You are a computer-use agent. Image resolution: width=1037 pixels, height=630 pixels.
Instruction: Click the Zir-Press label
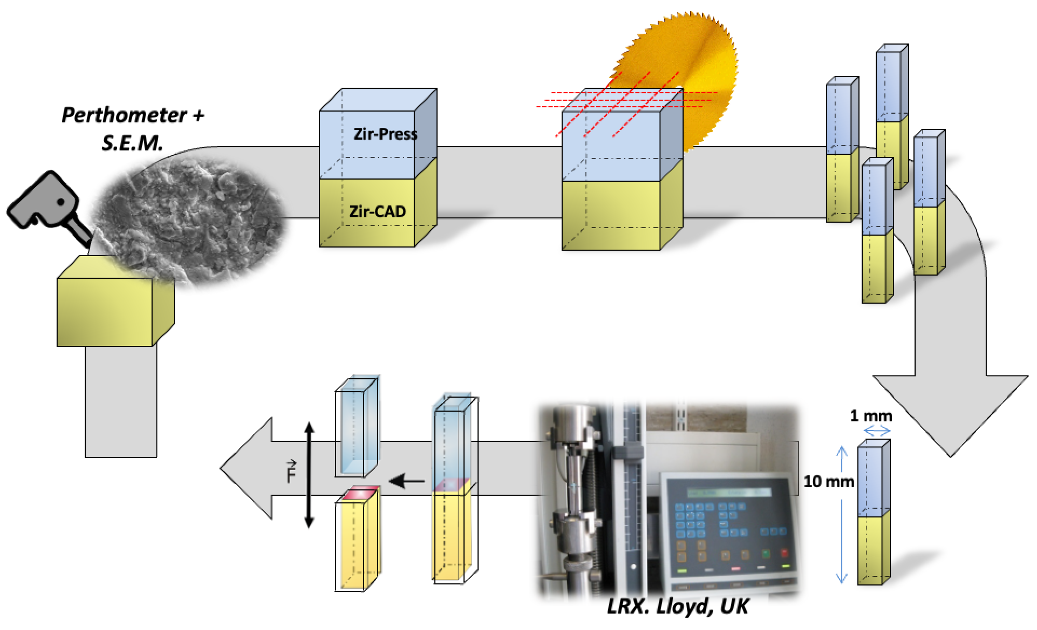tap(385, 134)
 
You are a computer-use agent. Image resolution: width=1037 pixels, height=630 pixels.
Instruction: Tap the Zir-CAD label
tap(378, 211)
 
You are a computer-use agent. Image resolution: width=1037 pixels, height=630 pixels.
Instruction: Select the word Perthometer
tap(125, 115)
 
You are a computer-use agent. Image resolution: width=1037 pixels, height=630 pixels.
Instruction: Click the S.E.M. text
tap(132, 143)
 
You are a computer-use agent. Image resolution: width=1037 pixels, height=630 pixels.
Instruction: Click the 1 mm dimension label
tap(871, 416)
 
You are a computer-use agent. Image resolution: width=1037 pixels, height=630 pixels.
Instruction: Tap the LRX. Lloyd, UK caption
tap(678, 607)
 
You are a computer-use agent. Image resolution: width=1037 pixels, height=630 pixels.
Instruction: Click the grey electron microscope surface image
tap(189, 219)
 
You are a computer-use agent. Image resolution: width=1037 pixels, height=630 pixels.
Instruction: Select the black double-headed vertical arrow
tap(309, 475)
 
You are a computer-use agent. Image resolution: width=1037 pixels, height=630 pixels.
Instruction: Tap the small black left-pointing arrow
tap(407, 481)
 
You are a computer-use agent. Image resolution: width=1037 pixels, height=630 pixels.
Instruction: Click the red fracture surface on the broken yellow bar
tap(360, 493)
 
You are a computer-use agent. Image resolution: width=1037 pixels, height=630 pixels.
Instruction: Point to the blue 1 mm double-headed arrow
tap(877, 431)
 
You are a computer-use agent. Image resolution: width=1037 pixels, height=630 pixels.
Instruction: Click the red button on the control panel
tap(784, 552)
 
